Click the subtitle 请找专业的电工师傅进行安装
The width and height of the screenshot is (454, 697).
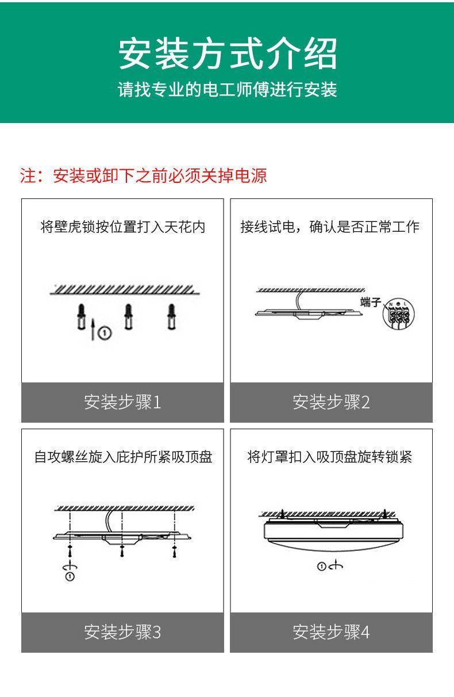coord(227,90)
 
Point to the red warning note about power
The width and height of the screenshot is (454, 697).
coord(144,175)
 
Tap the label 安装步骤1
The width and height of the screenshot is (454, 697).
coord(122,402)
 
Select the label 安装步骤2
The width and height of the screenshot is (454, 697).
coord(331,402)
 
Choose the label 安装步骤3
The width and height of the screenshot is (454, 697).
coord(122,632)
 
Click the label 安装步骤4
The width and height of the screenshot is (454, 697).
coord(331,632)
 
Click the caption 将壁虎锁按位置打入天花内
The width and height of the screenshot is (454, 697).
coord(122,227)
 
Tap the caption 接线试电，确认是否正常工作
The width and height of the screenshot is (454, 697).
coord(330,227)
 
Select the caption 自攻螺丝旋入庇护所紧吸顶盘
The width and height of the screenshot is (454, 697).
coord(123,457)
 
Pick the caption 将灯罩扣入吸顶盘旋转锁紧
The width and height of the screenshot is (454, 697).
coord(330,457)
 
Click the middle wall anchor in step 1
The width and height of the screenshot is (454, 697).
coord(129,316)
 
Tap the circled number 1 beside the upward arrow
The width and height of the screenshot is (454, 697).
coord(105,332)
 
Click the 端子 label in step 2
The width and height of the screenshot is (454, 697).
coord(370,302)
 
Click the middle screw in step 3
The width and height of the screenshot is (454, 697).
coord(121,551)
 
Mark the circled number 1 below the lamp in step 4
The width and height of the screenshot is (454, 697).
coord(322,567)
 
